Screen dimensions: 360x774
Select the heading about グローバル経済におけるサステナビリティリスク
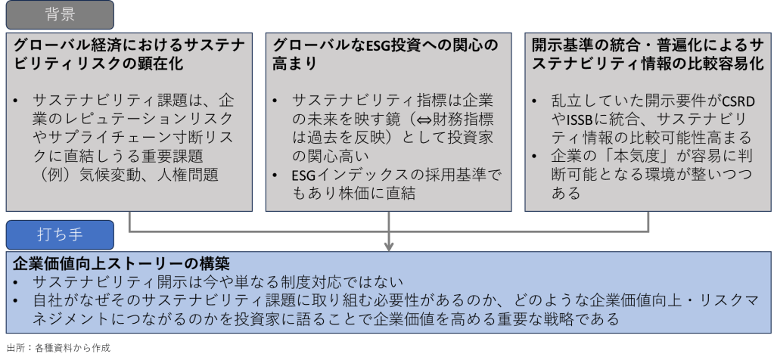[129, 54]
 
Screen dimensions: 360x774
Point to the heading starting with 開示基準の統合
[647, 54]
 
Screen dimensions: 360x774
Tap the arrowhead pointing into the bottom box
[389, 246]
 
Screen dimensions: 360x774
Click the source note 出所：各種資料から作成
[58, 348]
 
